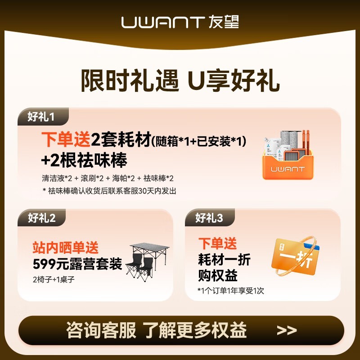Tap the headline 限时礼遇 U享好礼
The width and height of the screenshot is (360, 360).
(x=180, y=81)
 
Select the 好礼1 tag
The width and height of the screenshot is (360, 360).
(x=41, y=117)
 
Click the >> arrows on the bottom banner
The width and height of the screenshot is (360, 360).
(x=287, y=330)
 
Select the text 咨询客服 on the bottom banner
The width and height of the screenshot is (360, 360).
(x=101, y=330)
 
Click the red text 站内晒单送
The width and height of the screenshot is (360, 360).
(x=65, y=247)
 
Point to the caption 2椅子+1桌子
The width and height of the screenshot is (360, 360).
(x=54, y=279)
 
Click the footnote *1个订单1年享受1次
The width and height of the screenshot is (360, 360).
(x=230, y=291)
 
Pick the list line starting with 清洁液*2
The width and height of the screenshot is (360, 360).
(x=108, y=178)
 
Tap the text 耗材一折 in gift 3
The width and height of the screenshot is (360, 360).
(x=224, y=260)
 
